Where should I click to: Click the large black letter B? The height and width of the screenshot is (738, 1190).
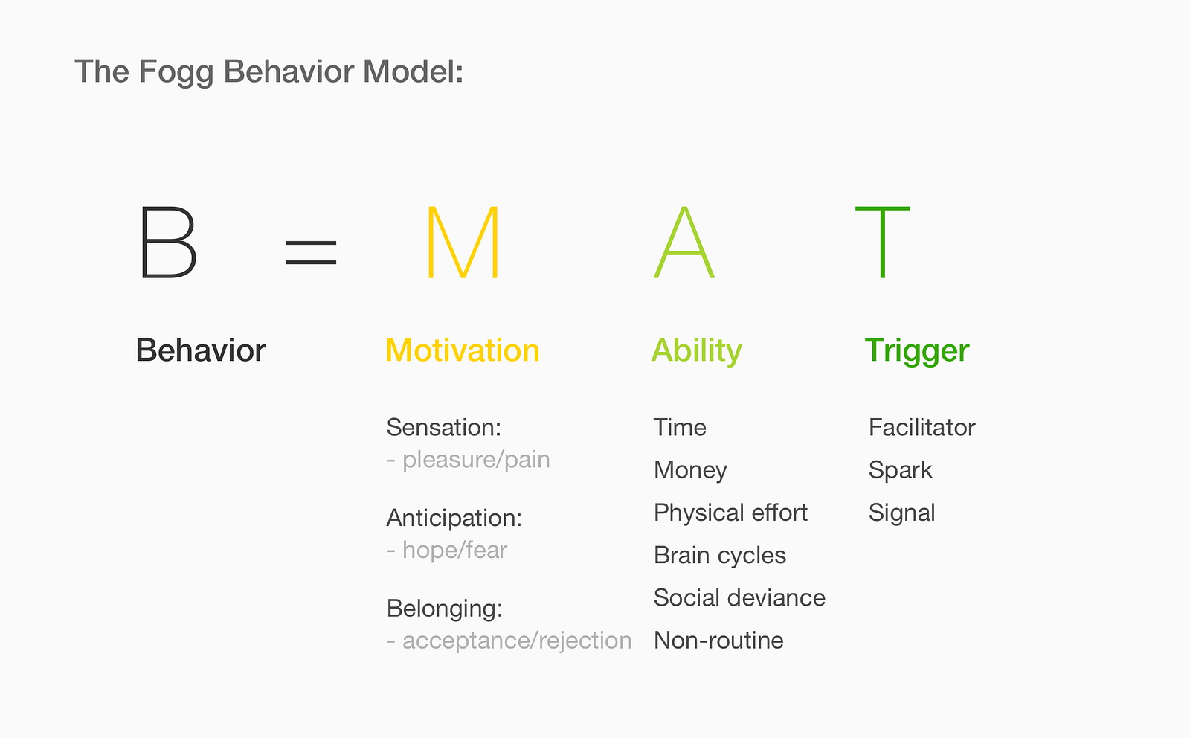coord(168,243)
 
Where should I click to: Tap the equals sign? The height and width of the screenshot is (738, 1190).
coord(312,251)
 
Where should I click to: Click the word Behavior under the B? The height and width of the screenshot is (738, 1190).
coord(200,350)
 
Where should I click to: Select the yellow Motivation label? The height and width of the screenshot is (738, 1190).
coord(462,350)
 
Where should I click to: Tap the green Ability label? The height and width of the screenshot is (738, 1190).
coord(696,350)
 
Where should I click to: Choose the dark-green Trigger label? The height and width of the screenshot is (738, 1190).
coord(917,350)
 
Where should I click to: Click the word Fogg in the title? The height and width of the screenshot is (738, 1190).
coord(176,72)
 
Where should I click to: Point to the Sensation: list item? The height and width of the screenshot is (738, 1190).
coord(444,428)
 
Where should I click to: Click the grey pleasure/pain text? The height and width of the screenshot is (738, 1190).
coord(475,460)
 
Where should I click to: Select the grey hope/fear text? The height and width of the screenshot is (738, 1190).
coord(454,551)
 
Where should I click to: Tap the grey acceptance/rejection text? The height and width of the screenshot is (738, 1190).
coord(516,641)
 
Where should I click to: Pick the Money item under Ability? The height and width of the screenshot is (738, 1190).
coord(690,470)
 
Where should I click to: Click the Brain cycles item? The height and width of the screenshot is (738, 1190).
coord(719,556)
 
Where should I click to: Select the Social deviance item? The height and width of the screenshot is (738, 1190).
coord(739,598)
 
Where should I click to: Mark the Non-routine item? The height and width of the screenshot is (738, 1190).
coord(718,641)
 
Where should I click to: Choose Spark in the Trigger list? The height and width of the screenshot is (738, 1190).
coord(900,470)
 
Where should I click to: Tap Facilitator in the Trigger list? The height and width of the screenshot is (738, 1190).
coord(922,428)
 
